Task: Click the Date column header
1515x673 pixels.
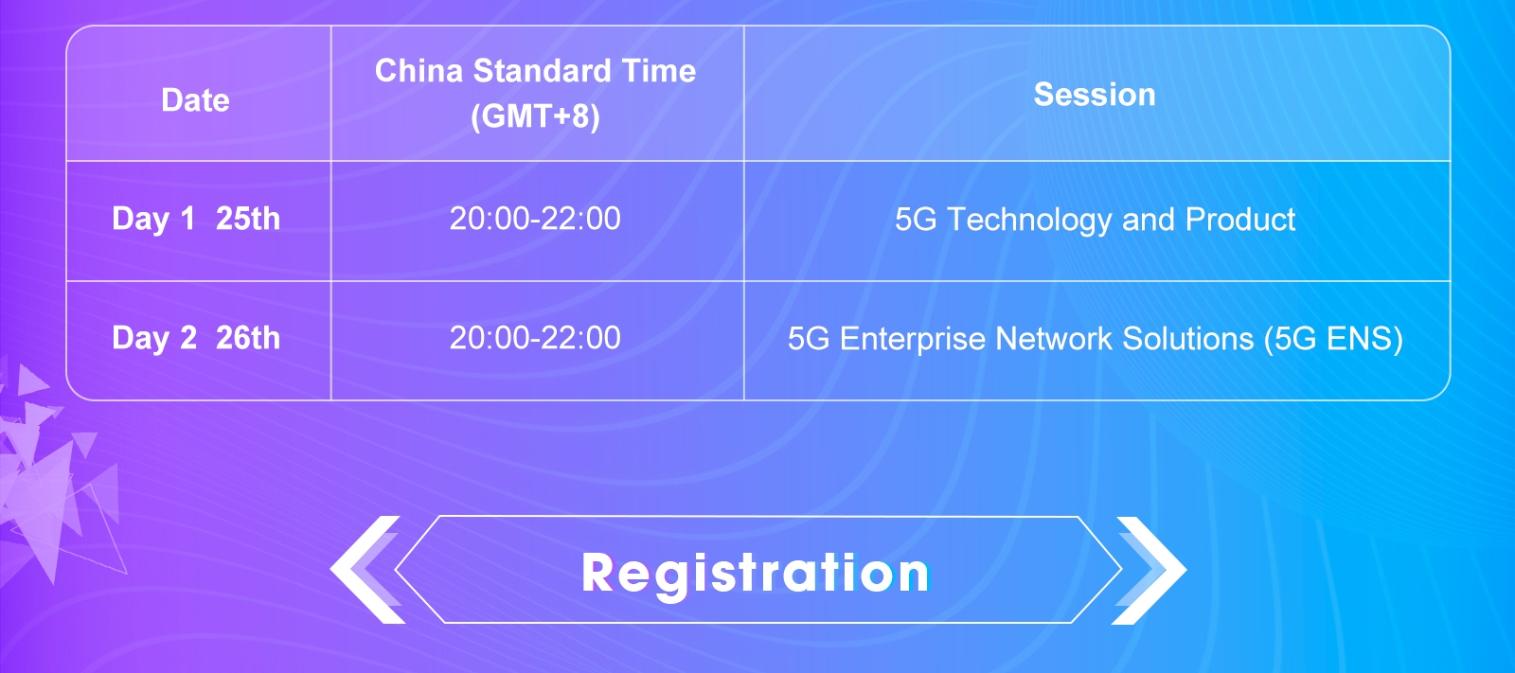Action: point(195,100)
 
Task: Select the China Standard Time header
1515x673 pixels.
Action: point(535,71)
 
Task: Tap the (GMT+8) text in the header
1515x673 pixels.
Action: point(535,116)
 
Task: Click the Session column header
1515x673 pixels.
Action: point(1095,94)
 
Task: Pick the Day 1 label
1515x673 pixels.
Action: point(153,219)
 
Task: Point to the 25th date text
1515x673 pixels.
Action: point(247,219)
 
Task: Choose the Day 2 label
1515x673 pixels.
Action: point(154,338)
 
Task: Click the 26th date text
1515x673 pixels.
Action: point(247,338)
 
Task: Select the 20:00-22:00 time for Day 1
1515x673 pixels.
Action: point(535,219)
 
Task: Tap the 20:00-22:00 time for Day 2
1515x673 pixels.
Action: point(535,338)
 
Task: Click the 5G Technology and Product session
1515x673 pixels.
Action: point(1095,220)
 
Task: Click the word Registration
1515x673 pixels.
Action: point(756,573)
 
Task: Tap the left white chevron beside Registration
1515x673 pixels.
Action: point(365,570)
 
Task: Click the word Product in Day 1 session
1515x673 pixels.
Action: point(1240,220)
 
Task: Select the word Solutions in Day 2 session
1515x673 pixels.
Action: point(1187,338)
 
